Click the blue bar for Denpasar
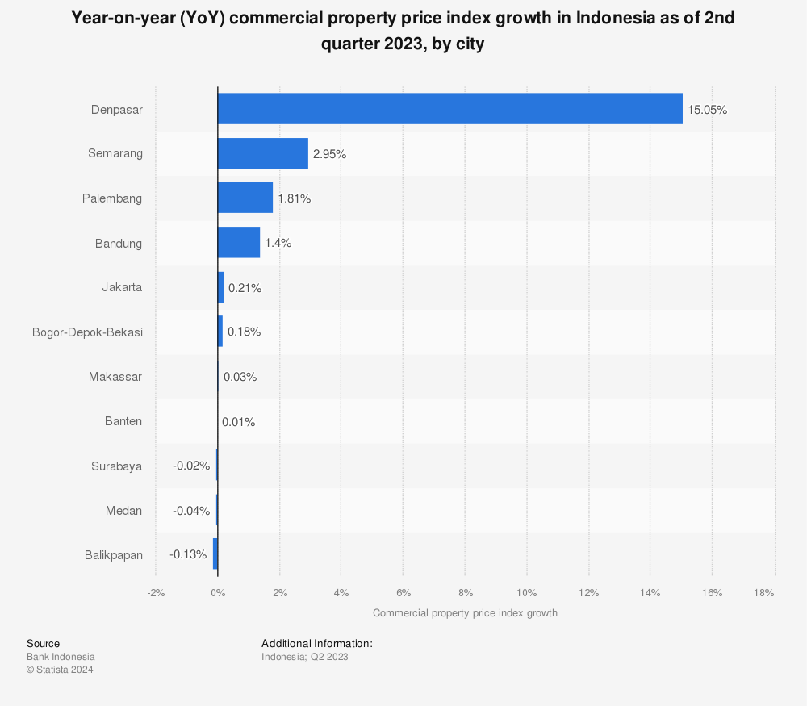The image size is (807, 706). click(449, 109)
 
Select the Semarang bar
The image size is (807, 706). click(262, 153)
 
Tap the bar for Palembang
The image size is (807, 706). click(245, 198)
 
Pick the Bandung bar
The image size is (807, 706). click(238, 243)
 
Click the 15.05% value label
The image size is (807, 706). click(707, 110)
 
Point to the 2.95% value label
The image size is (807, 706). click(329, 154)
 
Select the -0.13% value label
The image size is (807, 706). click(188, 555)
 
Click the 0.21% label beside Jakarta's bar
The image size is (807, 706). click(245, 288)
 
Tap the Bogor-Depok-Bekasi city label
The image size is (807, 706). click(87, 332)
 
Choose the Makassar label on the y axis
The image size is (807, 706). click(115, 377)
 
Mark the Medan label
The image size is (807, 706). click(123, 511)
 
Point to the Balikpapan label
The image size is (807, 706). click(113, 555)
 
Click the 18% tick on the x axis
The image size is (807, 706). click(764, 593)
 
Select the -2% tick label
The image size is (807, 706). click(156, 593)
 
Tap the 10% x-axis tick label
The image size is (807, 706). click(526, 593)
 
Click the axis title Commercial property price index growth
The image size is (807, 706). click(465, 613)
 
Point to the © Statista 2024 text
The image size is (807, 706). click(60, 670)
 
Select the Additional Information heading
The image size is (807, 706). click(316, 643)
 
